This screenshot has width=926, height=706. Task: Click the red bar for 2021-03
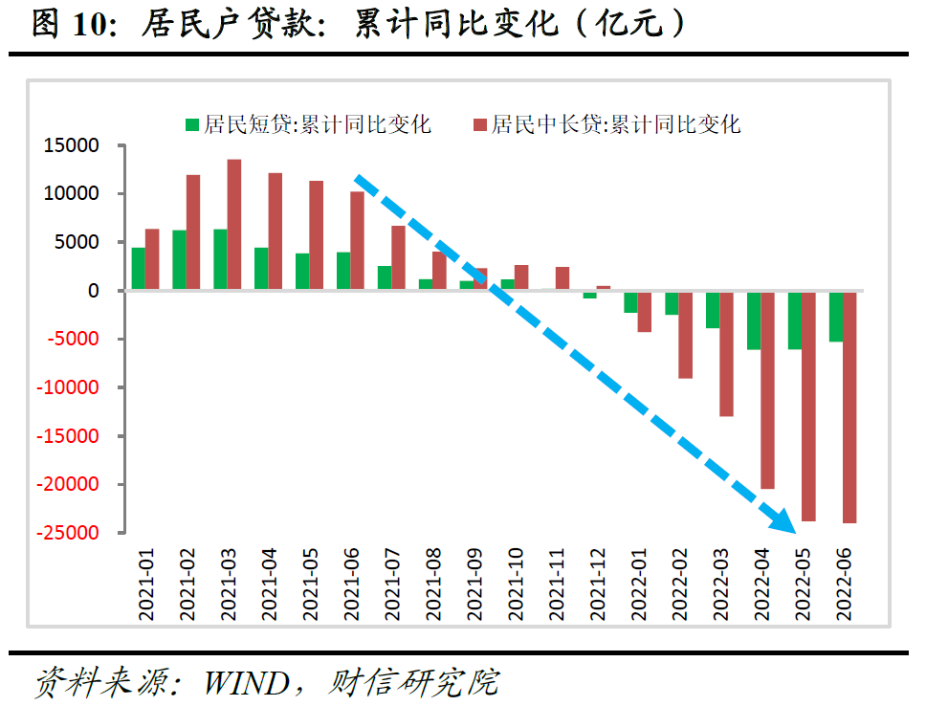(234, 225)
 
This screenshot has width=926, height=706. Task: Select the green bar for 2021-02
(179, 260)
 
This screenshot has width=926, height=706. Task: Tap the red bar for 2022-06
(849, 407)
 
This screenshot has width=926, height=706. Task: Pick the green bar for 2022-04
(754, 320)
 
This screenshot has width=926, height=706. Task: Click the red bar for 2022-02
(685, 334)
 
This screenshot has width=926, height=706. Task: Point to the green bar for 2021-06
(342, 271)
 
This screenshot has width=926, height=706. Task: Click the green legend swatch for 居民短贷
(192, 124)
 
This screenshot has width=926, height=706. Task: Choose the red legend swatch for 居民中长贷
(480, 124)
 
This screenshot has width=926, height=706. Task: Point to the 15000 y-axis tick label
(73, 145)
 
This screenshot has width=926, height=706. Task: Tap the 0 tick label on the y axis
(93, 291)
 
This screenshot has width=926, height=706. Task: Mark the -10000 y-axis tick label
(69, 387)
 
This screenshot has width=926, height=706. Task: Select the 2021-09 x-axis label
(475, 585)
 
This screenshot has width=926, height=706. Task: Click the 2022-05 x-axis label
(805, 585)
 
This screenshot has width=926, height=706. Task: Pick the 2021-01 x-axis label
(147, 585)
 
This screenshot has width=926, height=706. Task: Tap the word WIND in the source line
(246, 682)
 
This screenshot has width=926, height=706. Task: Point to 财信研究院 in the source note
(413, 682)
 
